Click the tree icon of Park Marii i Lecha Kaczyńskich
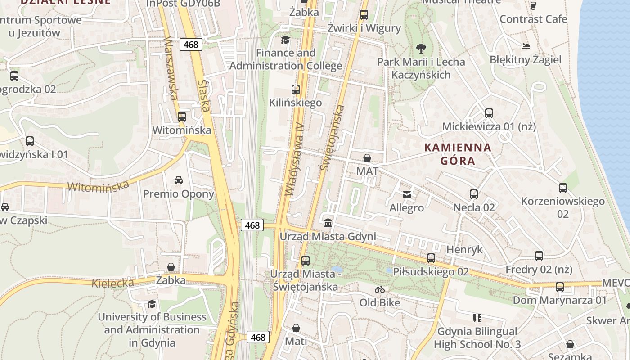[421, 48]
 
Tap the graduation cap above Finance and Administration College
[285, 40]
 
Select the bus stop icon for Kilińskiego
[296, 89]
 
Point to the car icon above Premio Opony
[179, 180]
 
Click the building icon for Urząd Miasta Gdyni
[328, 223]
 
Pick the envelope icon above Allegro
[407, 194]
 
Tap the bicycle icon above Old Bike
[380, 289]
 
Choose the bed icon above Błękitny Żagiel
[525, 46]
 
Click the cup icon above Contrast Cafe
[533, 5]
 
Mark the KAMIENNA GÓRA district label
[458, 154]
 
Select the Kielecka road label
[113, 283]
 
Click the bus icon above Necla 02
[474, 194]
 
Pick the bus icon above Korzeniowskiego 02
[562, 188]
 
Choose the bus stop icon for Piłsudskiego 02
[431, 258]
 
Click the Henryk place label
[464, 249]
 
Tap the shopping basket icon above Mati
[296, 328]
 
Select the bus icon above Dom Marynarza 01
[560, 287]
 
